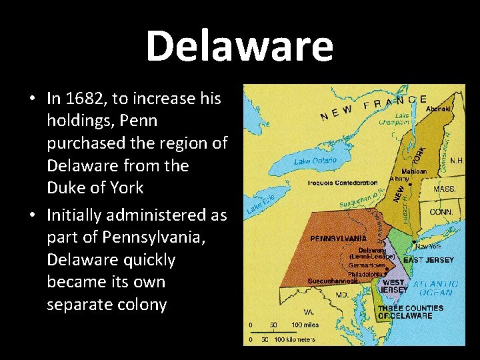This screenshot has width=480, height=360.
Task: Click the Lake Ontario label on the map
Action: [315, 161]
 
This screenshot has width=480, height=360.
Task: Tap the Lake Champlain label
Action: [394, 119]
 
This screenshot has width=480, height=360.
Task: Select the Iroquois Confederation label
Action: [343, 183]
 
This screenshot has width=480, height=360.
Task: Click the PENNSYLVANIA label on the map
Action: [338, 238]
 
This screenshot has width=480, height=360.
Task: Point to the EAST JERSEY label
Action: [429, 259]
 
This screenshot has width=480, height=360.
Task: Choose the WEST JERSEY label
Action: [393, 286]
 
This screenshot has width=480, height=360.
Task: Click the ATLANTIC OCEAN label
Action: [436, 288]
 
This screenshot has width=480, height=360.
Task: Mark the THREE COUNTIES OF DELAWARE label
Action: [410, 312]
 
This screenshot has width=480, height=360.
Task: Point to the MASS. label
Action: [445, 189]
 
